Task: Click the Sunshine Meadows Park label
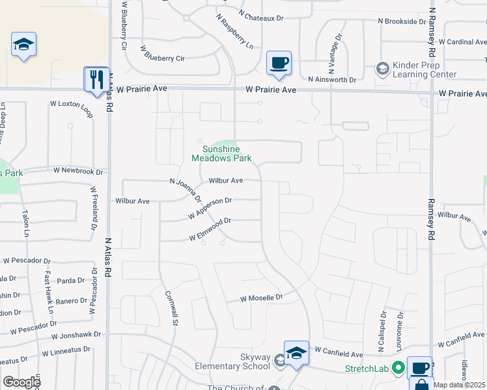point(221,153)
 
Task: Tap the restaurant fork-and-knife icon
point(97,79)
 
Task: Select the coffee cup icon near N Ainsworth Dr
point(279,63)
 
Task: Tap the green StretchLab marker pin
point(397,368)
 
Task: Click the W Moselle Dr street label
point(262,298)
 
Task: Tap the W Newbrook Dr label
point(78,171)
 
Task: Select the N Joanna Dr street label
point(185,191)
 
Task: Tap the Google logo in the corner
point(21,382)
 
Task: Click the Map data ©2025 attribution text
point(460,385)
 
